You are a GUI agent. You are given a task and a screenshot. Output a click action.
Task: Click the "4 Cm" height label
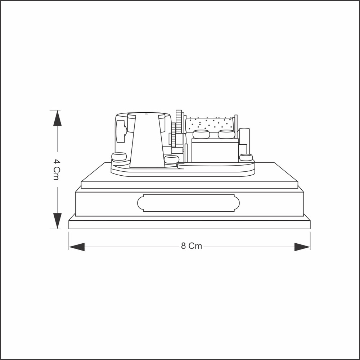click(57, 170)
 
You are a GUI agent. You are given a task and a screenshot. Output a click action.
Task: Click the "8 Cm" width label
click(192, 246)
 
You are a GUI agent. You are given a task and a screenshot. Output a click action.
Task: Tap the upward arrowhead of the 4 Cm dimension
click(57, 118)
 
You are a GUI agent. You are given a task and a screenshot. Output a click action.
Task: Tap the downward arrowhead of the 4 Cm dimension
click(57, 221)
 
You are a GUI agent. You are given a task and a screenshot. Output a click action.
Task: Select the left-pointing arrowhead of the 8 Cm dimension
click(77, 247)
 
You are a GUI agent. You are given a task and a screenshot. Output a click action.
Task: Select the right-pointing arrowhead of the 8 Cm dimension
click(302, 247)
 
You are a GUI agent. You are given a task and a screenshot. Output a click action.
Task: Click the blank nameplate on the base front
click(189, 203)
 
